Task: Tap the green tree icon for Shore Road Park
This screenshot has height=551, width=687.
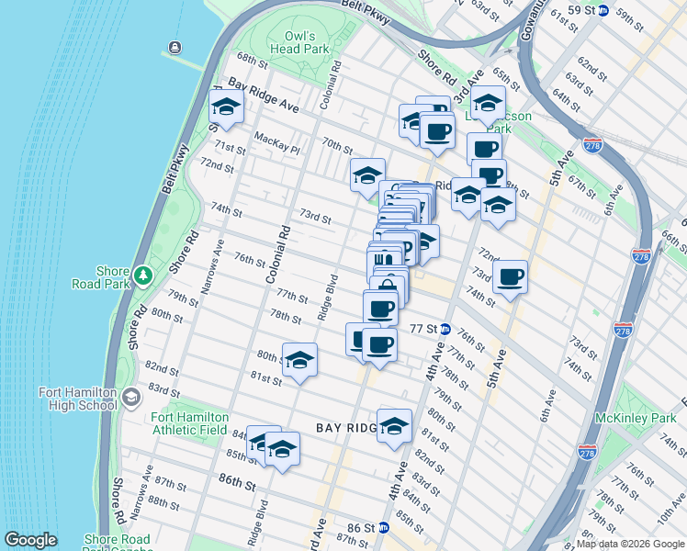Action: click(x=142, y=275)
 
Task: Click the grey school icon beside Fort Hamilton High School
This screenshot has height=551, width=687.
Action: click(x=131, y=398)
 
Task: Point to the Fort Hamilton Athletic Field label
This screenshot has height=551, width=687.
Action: click(x=188, y=424)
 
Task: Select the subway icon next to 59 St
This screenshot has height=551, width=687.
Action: click(x=603, y=10)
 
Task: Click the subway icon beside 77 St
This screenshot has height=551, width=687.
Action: click(x=445, y=329)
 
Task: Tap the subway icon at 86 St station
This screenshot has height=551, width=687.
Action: click(x=384, y=529)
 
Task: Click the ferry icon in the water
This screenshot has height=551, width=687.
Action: click(x=174, y=48)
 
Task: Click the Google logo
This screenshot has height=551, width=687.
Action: click(x=30, y=540)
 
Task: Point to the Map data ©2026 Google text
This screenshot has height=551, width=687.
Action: click(x=629, y=544)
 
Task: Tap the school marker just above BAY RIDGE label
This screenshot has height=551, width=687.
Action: click(x=394, y=426)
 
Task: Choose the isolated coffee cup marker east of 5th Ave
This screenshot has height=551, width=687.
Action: click(x=510, y=276)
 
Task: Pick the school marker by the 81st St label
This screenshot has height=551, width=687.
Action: click(x=299, y=361)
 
